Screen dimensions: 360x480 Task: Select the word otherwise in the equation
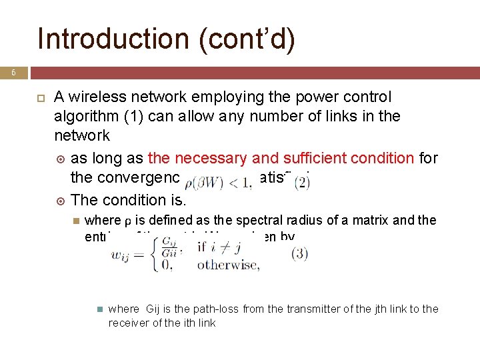[227, 265]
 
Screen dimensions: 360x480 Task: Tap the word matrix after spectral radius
[391, 221]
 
